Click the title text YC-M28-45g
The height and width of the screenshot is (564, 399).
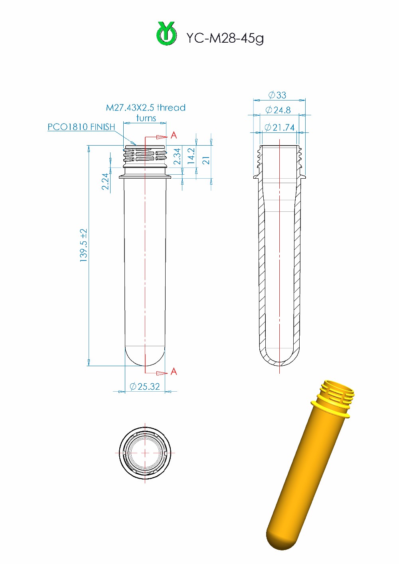(x=225, y=38)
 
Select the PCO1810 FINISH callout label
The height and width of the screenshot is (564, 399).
(x=81, y=127)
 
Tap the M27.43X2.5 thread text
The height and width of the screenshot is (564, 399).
(x=146, y=108)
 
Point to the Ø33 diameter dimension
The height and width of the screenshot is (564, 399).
(x=278, y=95)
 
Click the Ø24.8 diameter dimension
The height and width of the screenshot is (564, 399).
(x=278, y=110)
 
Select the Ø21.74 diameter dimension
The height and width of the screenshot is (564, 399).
(x=279, y=128)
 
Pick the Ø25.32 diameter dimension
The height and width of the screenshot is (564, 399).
(x=144, y=387)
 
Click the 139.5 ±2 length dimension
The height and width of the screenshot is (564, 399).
(x=83, y=245)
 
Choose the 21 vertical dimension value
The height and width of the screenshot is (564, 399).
(x=206, y=160)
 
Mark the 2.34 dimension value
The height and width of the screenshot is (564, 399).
(x=177, y=156)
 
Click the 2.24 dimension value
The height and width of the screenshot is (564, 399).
(x=105, y=181)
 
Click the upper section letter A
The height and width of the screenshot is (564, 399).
(x=174, y=136)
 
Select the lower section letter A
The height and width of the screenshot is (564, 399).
(x=174, y=372)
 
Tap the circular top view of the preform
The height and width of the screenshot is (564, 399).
(x=145, y=453)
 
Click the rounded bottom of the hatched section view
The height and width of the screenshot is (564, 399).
(x=279, y=359)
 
